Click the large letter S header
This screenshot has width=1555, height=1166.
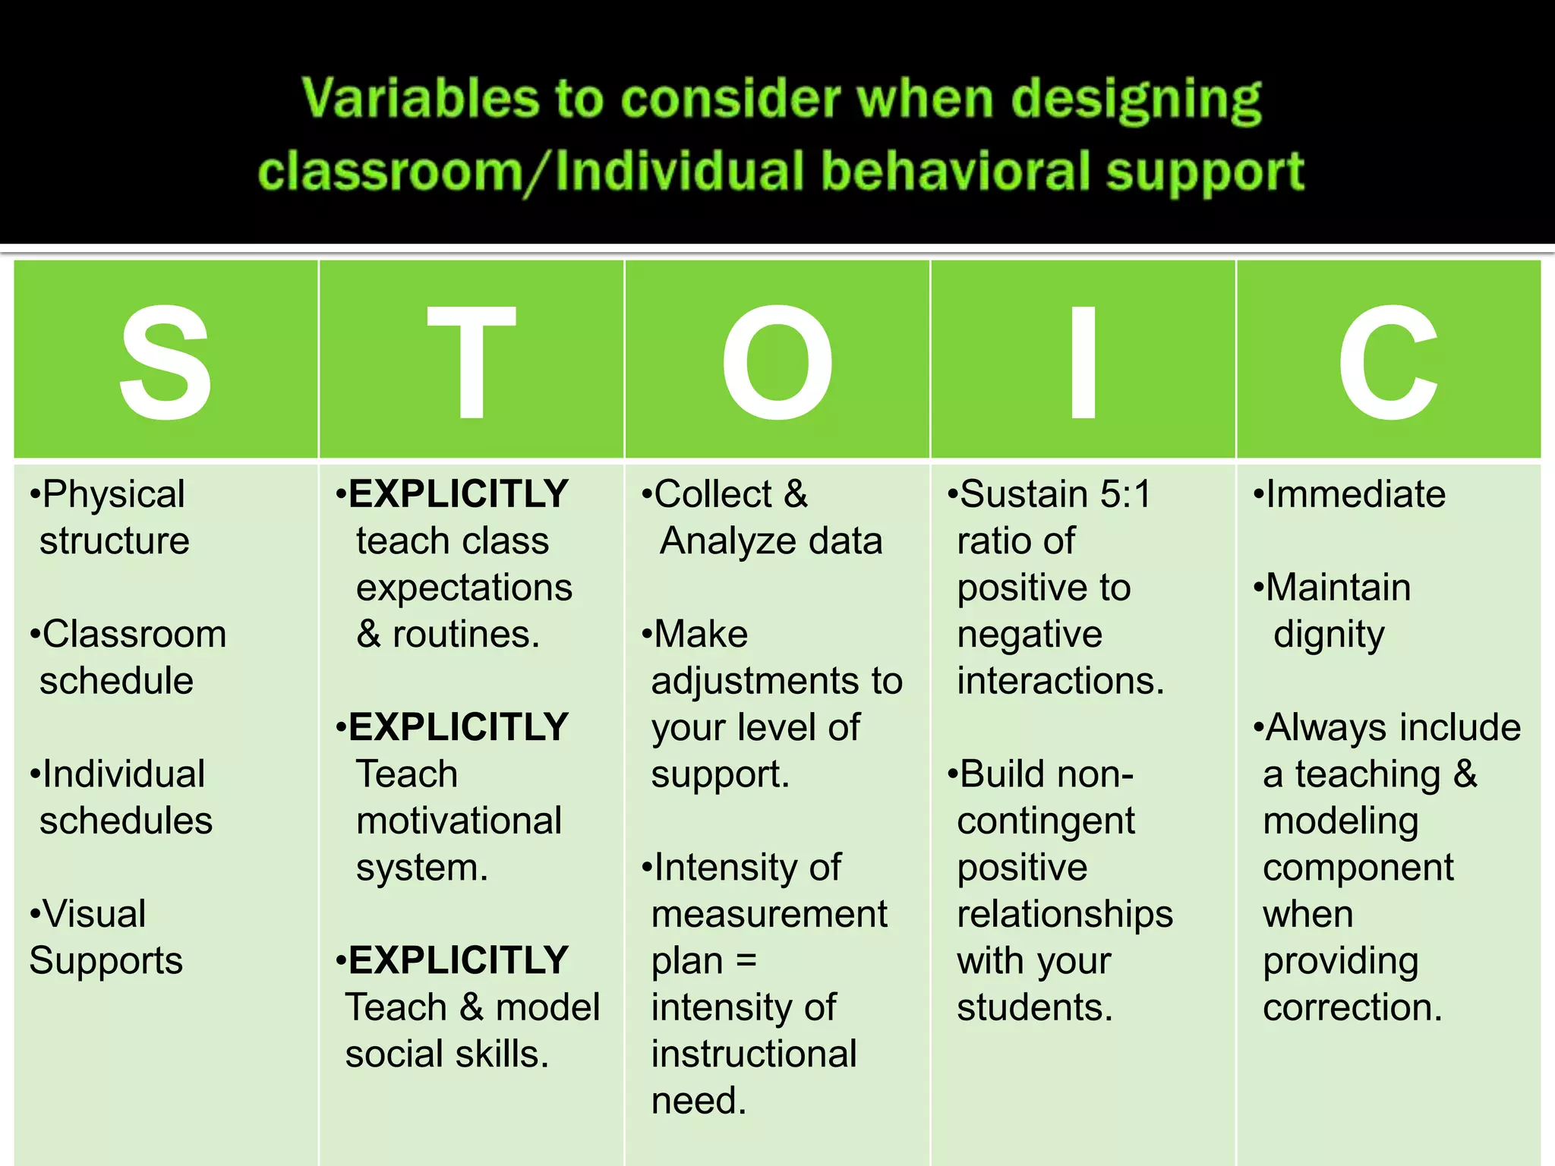pos(166,362)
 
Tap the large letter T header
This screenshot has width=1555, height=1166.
pos(472,362)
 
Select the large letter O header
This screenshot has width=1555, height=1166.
pos(777,362)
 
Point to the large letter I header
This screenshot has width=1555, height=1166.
pos(1083,362)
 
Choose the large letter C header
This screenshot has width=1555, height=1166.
pos(1388,362)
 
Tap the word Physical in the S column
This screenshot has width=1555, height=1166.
pos(113,495)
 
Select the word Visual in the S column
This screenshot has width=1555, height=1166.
pos(94,914)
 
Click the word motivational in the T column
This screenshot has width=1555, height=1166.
pos(459,821)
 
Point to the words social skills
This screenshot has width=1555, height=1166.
pos(446,1054)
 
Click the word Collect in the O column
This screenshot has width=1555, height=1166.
pos(713,494)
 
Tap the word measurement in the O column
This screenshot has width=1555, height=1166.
pos(769,915)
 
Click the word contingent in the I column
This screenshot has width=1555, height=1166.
pos(1046,821)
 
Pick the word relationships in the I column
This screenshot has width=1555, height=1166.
pos(1065,915)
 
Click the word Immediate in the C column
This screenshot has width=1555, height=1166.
pos(1355,494)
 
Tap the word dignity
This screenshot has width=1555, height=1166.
pos(1329,635)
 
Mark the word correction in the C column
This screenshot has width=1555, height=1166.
pos(1352,1008)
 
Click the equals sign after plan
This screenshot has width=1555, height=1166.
pos(746,961)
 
